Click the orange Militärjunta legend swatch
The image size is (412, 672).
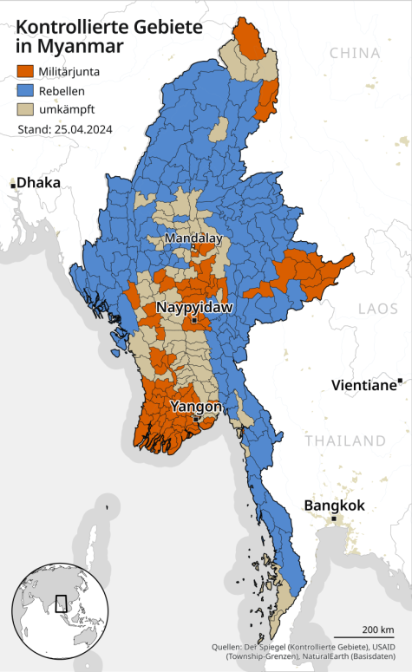[x=25, y=71]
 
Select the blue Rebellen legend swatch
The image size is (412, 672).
[x=25, y=90]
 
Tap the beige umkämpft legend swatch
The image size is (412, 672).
[x=25, y=109]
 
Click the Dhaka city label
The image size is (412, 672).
[x=39, y=183]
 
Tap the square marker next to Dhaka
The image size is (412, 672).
[x=13, y=185]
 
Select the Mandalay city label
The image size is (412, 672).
[x=193, y=238]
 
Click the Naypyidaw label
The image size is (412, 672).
[x=194, y=308]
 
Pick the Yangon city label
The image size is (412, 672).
[x=196, y=406]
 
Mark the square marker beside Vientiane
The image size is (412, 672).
[x=400, y=381]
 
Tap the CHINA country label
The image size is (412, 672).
[x=355, y=53]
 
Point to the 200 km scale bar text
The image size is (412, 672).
[x=378, y=629]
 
